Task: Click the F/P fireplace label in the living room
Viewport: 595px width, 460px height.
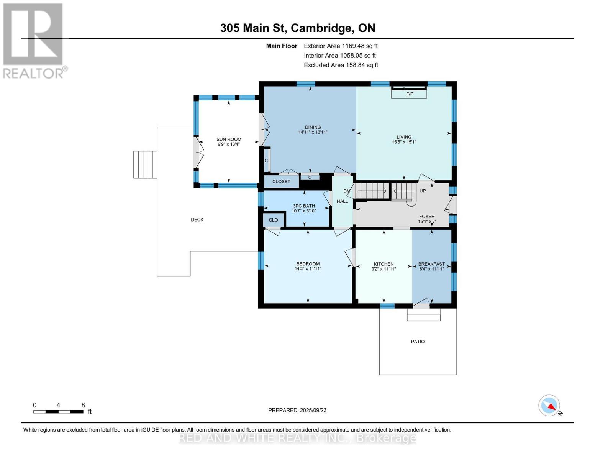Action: [x=409, y=94]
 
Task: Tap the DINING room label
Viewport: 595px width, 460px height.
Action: [x=313, y=127]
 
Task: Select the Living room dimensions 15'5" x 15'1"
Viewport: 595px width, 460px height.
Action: [x=403, y=142]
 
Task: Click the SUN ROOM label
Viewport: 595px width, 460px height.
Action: [x=229, y=140]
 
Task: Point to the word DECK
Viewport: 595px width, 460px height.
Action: [x=197, y=220]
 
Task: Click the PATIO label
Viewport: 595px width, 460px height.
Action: [x=418, y=342]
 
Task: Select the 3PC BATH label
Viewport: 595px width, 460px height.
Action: [x=304, y=206]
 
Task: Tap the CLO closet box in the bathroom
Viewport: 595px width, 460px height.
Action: [x=274, y=220]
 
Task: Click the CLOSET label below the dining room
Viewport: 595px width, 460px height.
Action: [x=281, y=182]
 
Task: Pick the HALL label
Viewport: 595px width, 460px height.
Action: [x=342, y=201]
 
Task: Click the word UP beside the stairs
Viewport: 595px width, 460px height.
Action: [x=423, y=191]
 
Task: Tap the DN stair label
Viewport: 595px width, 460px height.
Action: [x=346, y=191]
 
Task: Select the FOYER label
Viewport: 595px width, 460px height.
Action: [x=426, y=217]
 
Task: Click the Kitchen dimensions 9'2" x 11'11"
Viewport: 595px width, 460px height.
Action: [x=384, y=269]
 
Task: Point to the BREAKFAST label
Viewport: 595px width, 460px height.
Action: [x=431, y=264]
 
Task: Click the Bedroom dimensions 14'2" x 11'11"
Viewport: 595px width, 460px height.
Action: [x=308, y=269]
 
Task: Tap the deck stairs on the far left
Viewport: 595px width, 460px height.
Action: [x=145, y=164]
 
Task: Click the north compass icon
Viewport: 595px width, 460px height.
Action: [x=549, y=406]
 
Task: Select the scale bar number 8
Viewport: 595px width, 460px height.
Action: [x=83, y=405]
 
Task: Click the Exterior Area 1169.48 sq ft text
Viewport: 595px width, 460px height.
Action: [x=341, y=46]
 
